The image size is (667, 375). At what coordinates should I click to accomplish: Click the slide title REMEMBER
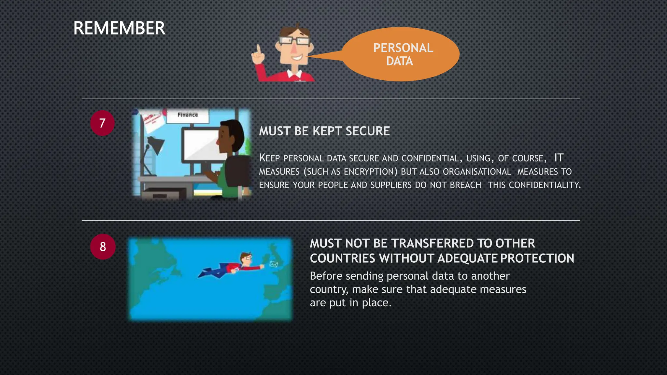119,28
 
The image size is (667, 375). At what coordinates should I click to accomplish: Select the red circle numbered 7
102,123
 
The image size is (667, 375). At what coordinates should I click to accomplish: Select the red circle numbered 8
103,247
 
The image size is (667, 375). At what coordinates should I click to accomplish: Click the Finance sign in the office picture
188,115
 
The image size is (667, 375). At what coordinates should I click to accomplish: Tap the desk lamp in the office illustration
156,145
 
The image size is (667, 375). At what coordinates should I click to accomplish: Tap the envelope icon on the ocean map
274,264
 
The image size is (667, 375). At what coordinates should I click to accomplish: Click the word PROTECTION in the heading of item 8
537,258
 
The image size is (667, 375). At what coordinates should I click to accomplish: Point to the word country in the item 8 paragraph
329,289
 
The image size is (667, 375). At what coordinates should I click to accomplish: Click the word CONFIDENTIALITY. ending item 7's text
545,185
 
